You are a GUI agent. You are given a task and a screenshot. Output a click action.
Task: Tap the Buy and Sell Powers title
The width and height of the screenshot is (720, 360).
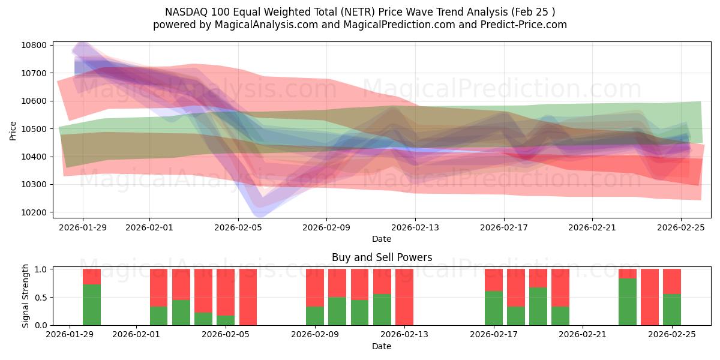click(x=382, y=257)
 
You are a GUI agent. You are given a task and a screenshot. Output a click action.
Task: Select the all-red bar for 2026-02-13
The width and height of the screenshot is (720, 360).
click(x=404, y=297)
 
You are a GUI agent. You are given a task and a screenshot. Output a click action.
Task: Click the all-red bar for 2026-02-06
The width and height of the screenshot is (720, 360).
click(x=248, y=297)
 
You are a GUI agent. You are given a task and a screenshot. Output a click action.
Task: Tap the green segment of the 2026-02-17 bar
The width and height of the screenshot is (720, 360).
click(x=494, y=308)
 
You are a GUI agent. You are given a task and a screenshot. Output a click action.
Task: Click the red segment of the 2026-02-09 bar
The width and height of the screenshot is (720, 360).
click(x=315, y=287)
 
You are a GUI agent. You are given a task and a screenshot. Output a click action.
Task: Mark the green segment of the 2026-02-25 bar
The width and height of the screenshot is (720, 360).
click(x=672, y=310)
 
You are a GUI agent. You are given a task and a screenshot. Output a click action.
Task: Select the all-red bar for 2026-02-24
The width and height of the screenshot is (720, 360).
click(x=650, y=297)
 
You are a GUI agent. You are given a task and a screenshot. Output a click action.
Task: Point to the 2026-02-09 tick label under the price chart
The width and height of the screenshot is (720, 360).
click(x=327, y=228)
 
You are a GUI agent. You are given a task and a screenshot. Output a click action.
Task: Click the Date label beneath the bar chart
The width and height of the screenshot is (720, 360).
click(x=382, y=346)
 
